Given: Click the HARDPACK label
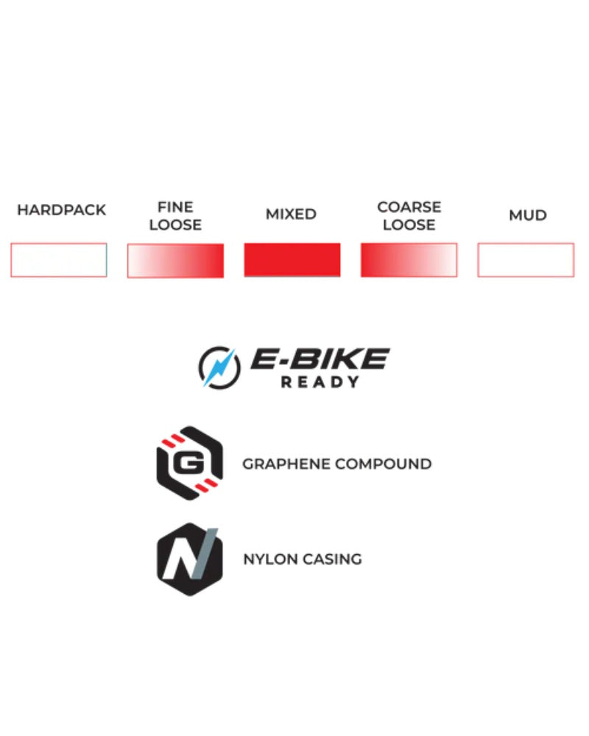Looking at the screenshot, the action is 62,210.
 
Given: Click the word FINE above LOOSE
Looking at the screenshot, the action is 175,207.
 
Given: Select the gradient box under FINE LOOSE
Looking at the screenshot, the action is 175,261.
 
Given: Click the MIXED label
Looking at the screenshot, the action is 292,214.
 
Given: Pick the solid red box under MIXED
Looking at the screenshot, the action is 292,260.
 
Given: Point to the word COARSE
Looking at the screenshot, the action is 409,207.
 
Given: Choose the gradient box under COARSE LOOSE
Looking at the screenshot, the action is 409,260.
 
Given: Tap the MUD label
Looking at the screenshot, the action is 528,216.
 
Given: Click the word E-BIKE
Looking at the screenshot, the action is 320,359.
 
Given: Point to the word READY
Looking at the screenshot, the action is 320,382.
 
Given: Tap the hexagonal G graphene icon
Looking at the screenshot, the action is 190,463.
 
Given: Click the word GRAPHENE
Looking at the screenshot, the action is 286,464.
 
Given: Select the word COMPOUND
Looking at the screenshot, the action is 384,464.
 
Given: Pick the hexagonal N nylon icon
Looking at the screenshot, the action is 190,559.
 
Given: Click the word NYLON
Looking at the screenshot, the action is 270,559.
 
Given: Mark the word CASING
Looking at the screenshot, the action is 333,559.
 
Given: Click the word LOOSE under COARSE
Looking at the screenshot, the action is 409,224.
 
